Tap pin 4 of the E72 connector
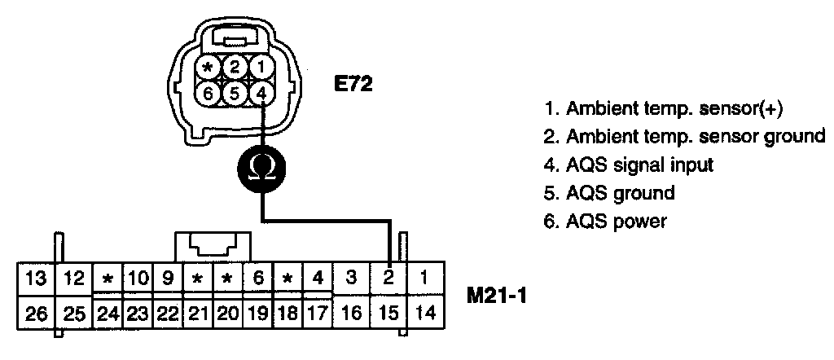tap(261, 93)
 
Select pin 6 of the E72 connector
tap(208, 93)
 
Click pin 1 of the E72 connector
tap(261, 67)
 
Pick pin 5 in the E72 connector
tap(235, 93)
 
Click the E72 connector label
tap(353, 83)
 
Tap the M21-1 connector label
tap(498, 295)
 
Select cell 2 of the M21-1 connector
tap(388, 277)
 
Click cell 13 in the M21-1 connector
tap(35, 277)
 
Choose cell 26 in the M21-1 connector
tap(35, 312)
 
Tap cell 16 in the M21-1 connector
tap(351, 312)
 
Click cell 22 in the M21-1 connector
tap(168, 312)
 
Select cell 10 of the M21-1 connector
tap(138, 277)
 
